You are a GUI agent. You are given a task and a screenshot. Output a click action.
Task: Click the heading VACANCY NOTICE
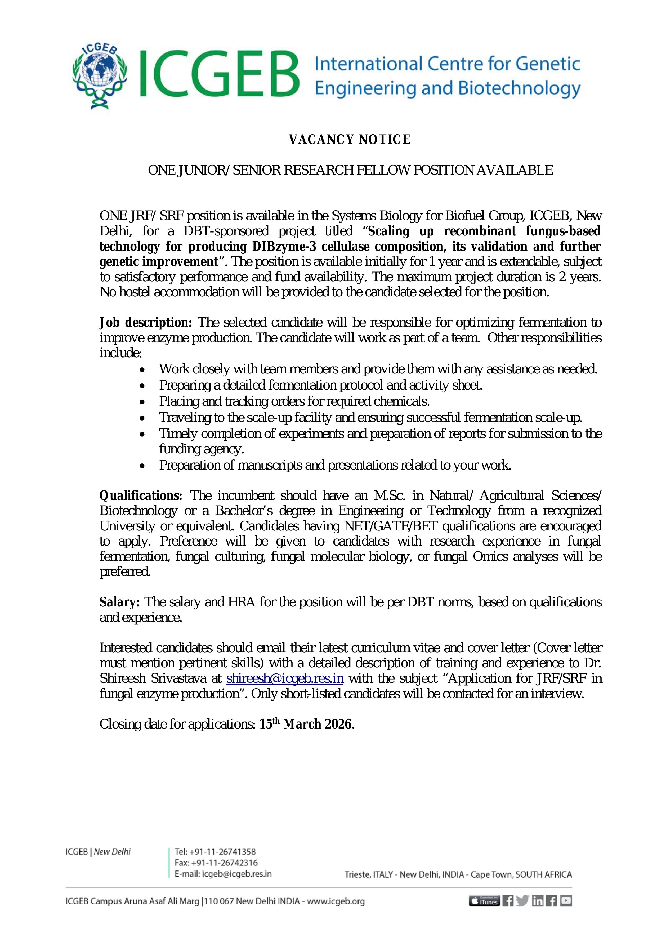[350, 140]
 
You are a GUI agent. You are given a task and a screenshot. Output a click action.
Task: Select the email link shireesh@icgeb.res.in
[285, 678]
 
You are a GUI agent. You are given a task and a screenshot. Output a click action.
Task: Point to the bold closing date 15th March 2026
[305, 724]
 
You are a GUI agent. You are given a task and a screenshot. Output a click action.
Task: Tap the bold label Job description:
[146, 323]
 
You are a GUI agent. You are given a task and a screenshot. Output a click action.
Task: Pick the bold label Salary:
[120, 602]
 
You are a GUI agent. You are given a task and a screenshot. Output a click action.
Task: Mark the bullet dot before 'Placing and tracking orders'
[142, 401]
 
